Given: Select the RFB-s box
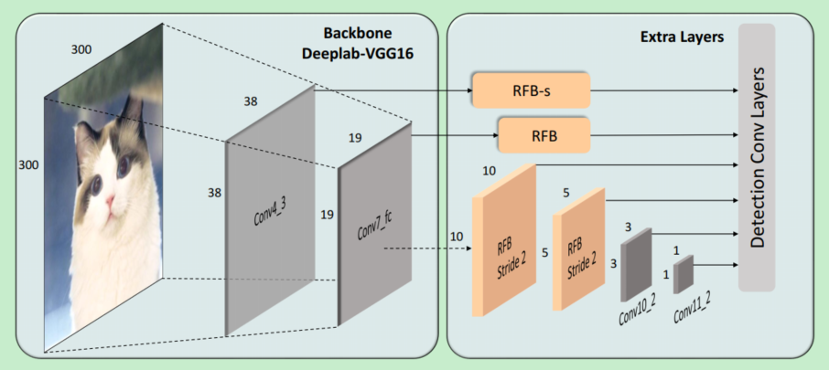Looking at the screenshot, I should coord(531,90).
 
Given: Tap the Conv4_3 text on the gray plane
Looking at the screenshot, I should coord(269,217).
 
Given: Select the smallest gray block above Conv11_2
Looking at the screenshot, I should coord(684,274).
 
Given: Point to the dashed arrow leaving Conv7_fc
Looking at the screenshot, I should coord(430,246).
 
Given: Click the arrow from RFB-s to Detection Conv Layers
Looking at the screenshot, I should coord(663,91).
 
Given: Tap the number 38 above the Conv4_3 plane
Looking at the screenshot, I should coord(250,100).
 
